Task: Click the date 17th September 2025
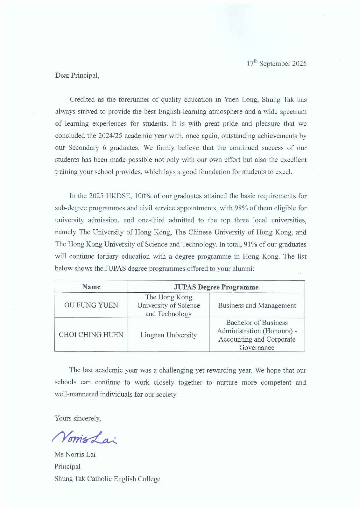coord(276,63)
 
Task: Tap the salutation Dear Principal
coord(77,75)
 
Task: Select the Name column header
coord(91,287)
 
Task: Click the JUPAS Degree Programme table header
coord(216,287)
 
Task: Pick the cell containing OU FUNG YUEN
coord(91,305)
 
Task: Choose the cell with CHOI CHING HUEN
coord(91,335)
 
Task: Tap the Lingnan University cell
coord(168,335)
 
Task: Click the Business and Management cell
coord(257,305)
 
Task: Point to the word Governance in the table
coord(257,347)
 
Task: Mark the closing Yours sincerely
coord(78,418)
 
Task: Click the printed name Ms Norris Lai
coord(75,454)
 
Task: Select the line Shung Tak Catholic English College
coord(107,478)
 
